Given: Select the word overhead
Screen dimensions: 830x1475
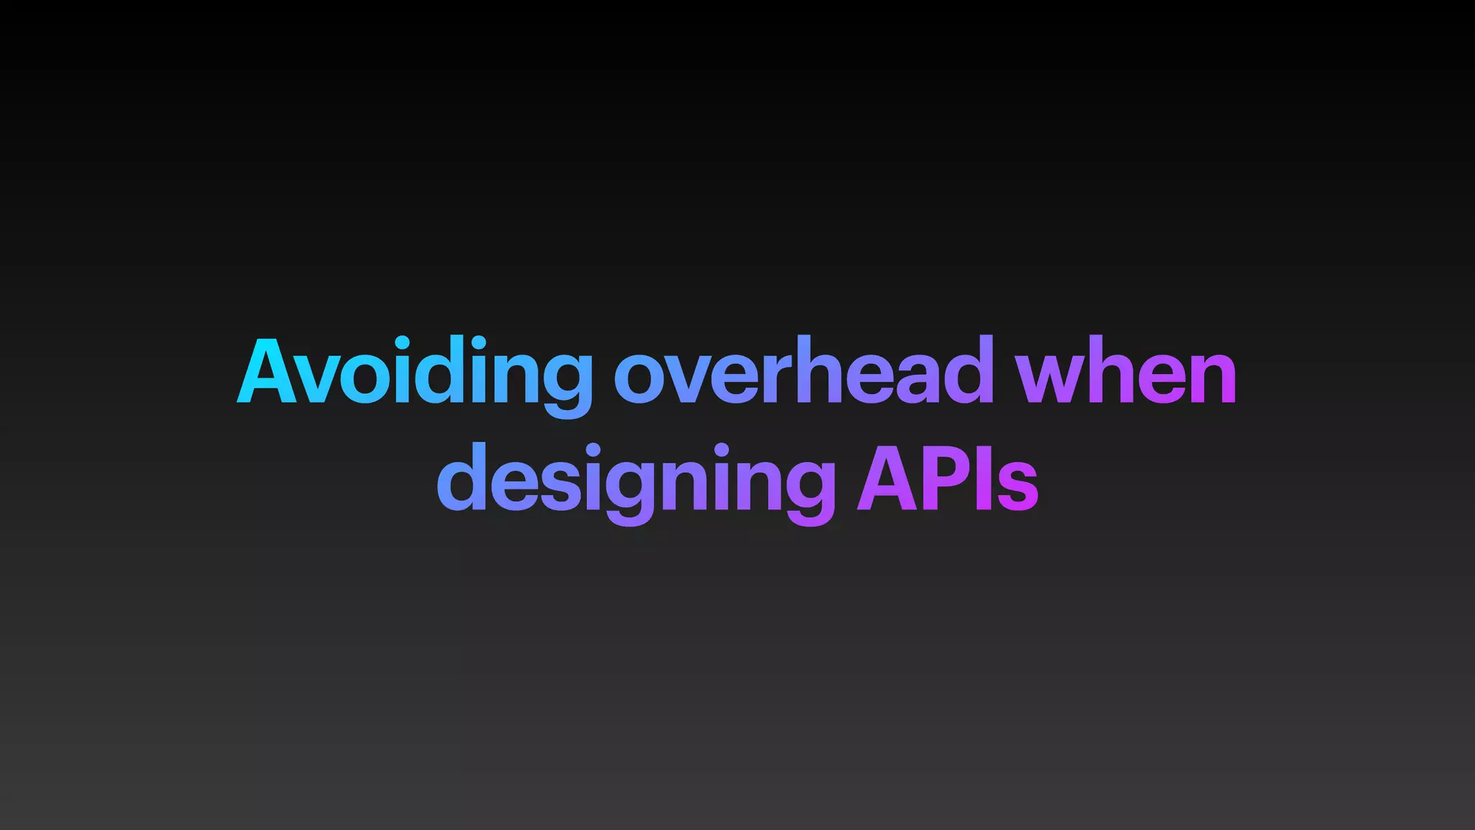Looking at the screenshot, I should (803, 371).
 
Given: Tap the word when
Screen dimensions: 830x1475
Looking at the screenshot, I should (1125, 371).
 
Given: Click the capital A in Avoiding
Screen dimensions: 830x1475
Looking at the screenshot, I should (266, 371).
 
